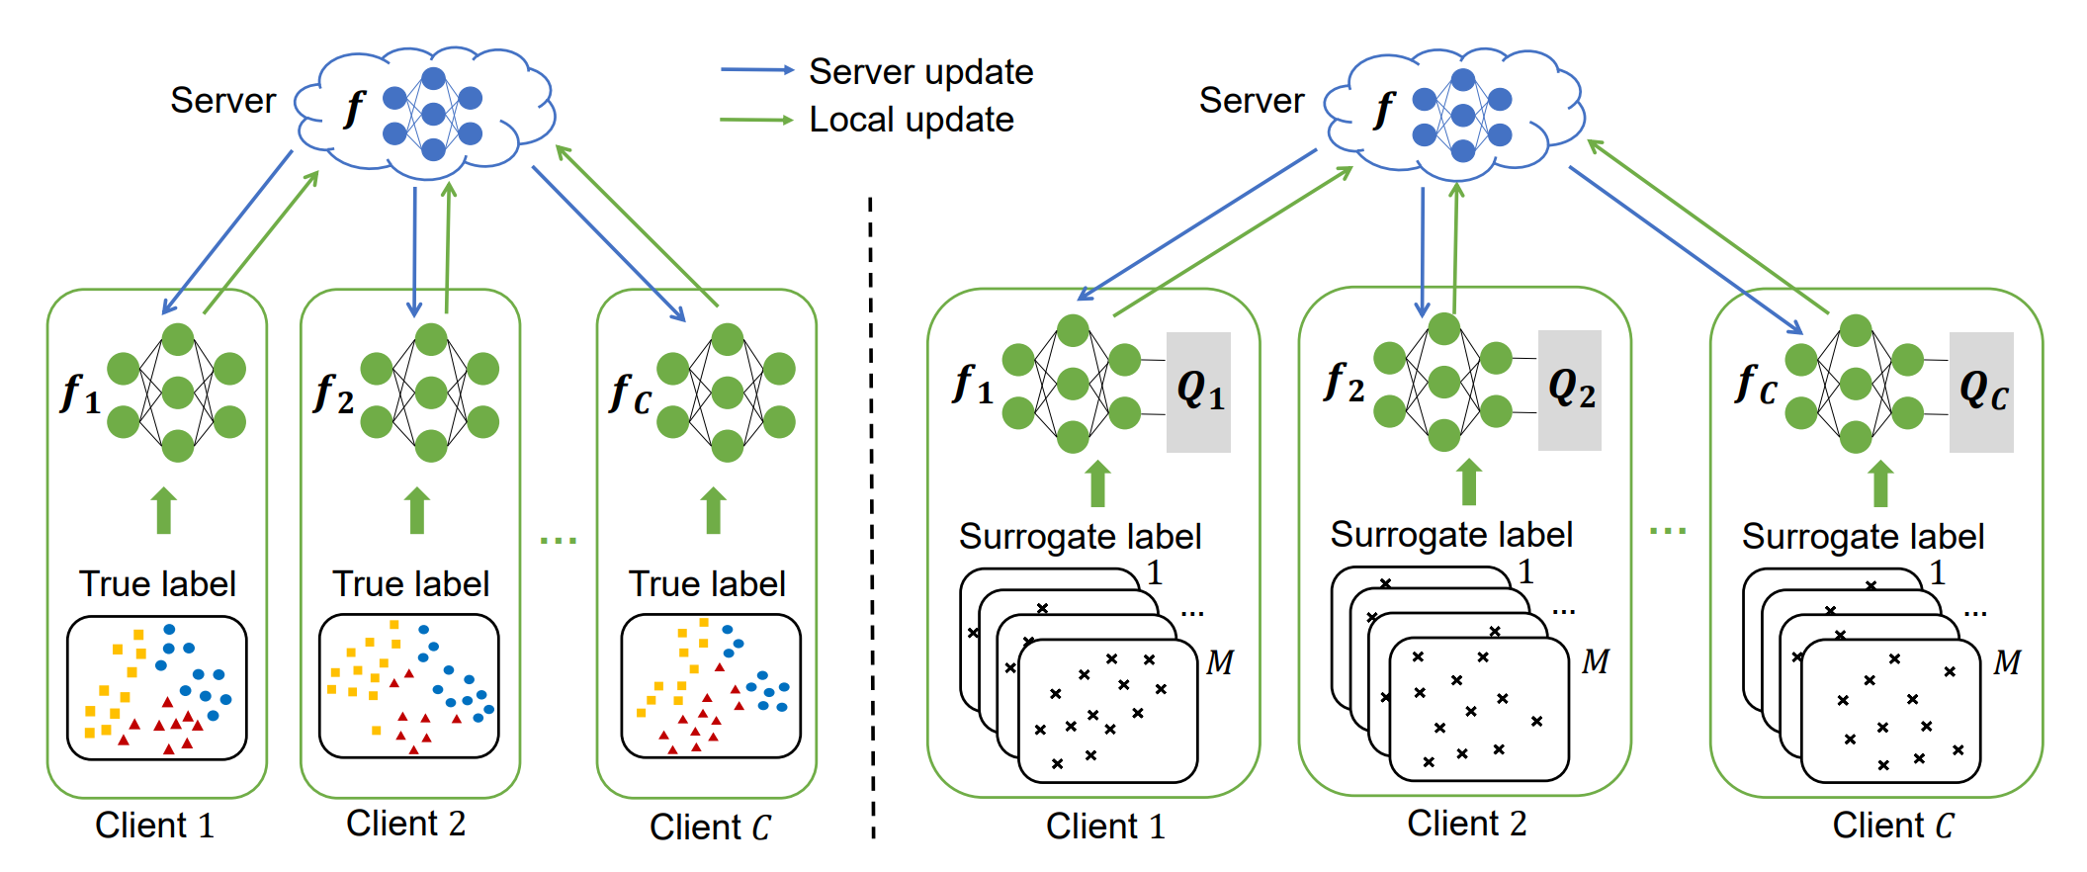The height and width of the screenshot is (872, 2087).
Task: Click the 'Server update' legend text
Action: (x=920, y=72)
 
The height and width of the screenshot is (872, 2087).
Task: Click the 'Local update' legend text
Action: (x=911, y=120)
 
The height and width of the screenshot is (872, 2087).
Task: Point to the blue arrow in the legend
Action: (x=757, y=70)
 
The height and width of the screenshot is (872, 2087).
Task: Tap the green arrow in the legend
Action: (x=756, y=121)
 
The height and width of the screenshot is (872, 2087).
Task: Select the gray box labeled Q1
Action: (x=1198, y=392)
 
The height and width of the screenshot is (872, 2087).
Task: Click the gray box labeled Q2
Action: (x=1569, y=390)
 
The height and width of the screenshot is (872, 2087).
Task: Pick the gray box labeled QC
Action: (x=1980, y=392)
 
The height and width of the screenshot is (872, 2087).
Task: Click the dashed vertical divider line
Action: (x=871, y=514)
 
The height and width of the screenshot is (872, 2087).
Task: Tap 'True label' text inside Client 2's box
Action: (x=410, y=583)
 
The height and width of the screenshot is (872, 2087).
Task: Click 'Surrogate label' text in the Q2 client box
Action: (x=1450, y=535)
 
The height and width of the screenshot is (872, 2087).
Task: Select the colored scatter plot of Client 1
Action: (x=156, y=688)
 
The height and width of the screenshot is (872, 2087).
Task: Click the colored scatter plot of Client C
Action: (x=711, y=686)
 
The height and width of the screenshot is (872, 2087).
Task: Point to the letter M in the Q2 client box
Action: (x=1595, y=661)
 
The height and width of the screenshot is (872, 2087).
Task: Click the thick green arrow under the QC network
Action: (x=1880, y=484)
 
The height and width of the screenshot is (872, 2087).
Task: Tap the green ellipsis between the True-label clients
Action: (x=559, y=540)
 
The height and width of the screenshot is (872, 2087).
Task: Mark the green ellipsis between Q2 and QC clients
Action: (x=1668, y=531)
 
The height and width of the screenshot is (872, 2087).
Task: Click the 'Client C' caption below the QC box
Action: (x=1892, y=826)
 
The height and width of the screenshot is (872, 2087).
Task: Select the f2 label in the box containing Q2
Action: (x=1344, y=383)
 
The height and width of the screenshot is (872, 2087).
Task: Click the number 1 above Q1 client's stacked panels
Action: (x=1154, y=572)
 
